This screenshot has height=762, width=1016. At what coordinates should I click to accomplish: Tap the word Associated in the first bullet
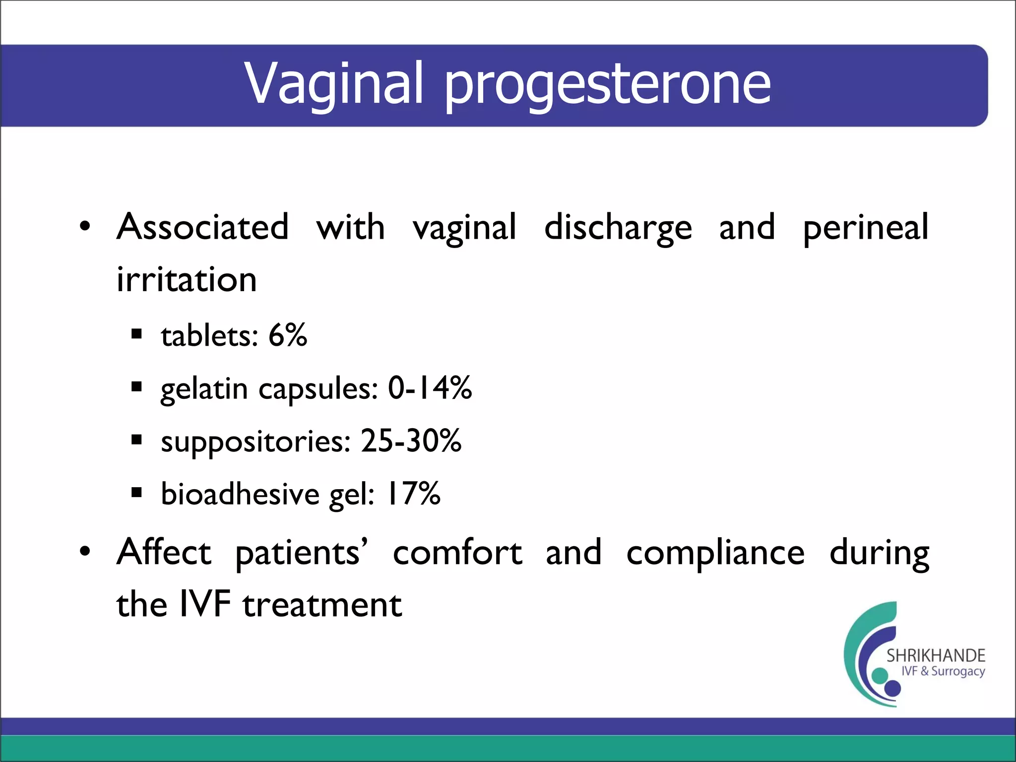(202, 227)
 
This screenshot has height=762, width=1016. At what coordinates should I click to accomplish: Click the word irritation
(187, 280)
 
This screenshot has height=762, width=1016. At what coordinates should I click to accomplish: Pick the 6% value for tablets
(288, 335)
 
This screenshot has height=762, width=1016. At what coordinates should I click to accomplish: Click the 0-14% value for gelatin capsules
(430, 388)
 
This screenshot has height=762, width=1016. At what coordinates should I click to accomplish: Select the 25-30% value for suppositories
(411, 441)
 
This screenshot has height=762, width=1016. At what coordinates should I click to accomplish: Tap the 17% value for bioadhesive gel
(413, 494)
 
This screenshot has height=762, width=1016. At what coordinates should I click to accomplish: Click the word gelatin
(204, 389)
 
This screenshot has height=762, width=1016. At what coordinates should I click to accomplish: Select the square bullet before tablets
(137, 334)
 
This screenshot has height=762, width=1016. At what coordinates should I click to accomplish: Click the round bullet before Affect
(85, 551)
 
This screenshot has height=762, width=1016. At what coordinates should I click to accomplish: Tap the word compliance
(715, 553)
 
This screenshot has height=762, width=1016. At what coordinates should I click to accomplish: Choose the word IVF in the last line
(205, 605)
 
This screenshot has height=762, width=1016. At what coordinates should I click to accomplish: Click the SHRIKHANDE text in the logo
(936, 656)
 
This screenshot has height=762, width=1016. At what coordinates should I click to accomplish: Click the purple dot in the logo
(892, 688)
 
